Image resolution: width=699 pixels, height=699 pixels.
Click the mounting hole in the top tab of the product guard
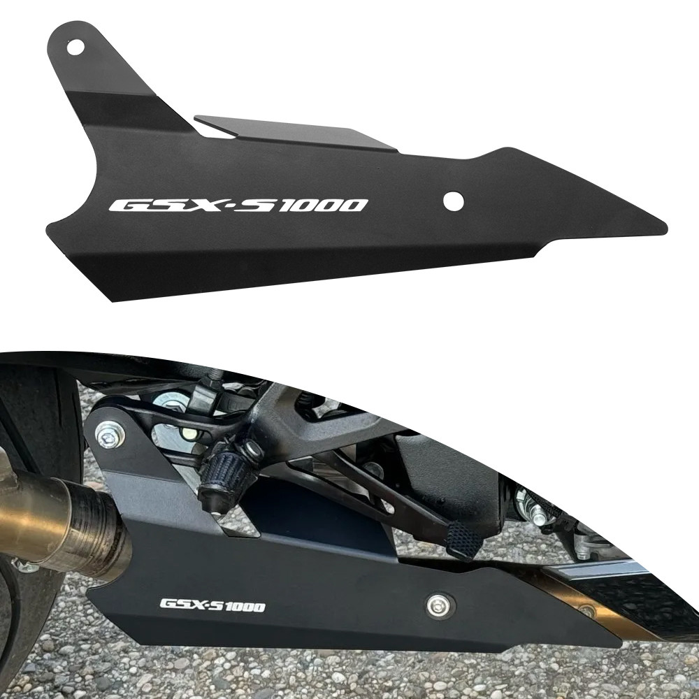coord(75,47)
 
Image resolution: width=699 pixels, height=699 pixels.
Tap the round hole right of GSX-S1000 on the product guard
coord(454,201)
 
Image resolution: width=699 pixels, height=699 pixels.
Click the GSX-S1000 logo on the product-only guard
coord(238,206)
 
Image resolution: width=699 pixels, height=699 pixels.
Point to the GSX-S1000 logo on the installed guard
coord(212,605)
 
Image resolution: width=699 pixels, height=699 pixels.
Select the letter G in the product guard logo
coord(125,206)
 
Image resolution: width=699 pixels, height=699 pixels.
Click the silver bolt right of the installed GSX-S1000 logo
coord(439,605)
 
